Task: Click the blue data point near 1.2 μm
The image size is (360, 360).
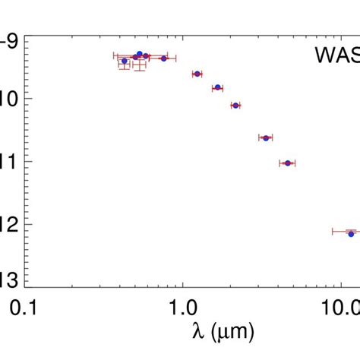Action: coord(197,74)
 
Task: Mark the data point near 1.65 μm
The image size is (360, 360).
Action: coord(217,87)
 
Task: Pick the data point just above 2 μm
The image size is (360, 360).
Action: coord(235,105)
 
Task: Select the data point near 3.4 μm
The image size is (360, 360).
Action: coord(266,137)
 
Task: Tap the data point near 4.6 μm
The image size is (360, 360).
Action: coord(287,163)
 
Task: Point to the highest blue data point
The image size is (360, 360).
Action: coord(139,54)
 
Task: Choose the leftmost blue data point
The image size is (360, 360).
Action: coord(125,61)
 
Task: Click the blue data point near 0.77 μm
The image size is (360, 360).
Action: coord(163,58)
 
